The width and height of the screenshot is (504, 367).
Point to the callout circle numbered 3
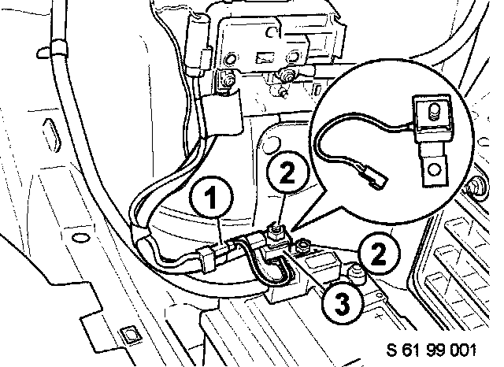(339, 300)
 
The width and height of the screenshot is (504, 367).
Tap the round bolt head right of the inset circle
(476, 187)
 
